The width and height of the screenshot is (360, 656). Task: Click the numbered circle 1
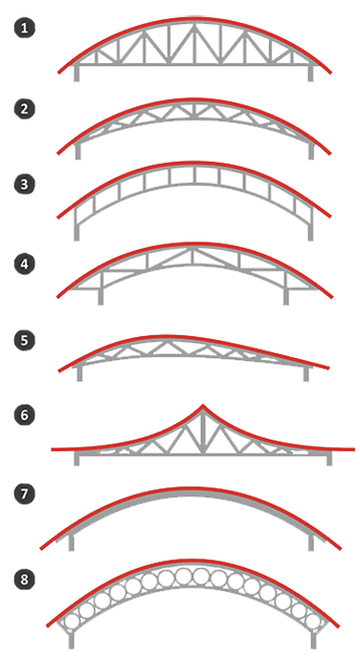[x=25, y=29]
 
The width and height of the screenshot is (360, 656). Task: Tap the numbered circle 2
[x=25, y=109]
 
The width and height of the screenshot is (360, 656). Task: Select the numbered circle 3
[x=25, y=185]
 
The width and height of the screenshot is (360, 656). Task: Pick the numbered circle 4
[x=25, y=264]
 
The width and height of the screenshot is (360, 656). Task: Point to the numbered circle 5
[x=25, y=340]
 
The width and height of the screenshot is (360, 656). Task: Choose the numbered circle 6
[x=25, y=415]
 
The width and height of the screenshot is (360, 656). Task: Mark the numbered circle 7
[x=25, y=493]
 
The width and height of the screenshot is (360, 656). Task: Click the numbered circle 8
[x=25, y=579]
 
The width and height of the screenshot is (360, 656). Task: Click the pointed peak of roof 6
[x=203, y=405]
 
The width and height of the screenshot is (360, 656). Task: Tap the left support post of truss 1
[x=77, y=73]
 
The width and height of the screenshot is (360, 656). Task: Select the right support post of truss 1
[x=310, y=73]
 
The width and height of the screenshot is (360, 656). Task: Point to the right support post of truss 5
[x=306, y=373]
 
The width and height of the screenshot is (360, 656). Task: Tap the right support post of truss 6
[x=329, y=459]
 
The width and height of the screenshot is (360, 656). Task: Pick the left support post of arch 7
[x=71, y=543]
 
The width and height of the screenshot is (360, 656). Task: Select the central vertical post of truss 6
[x=203, y=431]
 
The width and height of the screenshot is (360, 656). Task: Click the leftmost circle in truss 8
[x=73, y=621]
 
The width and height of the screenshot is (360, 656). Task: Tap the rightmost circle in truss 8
[x=312, y=621]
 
